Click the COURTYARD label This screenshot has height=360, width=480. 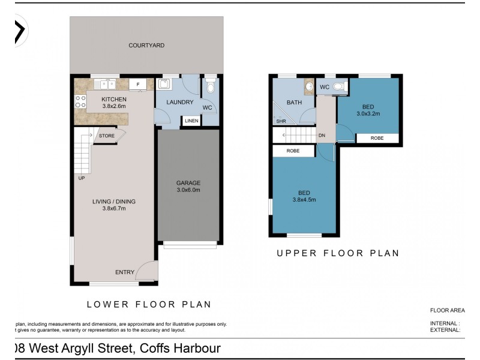coord(146,45)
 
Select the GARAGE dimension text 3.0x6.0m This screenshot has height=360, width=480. coord(188,190)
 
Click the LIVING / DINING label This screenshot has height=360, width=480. coord(114,201)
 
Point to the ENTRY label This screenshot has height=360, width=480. coord(125,272)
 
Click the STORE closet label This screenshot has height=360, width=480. coord(107,136)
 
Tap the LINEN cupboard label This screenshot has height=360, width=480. coord(191,121)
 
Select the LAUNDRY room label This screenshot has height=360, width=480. coord(170,103)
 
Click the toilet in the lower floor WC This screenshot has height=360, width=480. coord(209,88)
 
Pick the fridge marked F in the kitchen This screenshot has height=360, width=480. coord(137,85)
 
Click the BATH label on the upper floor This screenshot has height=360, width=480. coord(294,103)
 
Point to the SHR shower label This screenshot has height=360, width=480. coord(280,121)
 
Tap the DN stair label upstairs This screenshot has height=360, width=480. coord(322,136)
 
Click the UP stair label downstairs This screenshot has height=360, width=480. coord(81,178)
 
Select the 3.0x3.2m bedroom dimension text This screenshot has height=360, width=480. coord(368,113)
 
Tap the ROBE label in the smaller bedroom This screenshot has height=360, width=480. coord(377,137)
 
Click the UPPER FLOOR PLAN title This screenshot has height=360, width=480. coord(338,253)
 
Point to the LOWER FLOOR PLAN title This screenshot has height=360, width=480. coord(149,304)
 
